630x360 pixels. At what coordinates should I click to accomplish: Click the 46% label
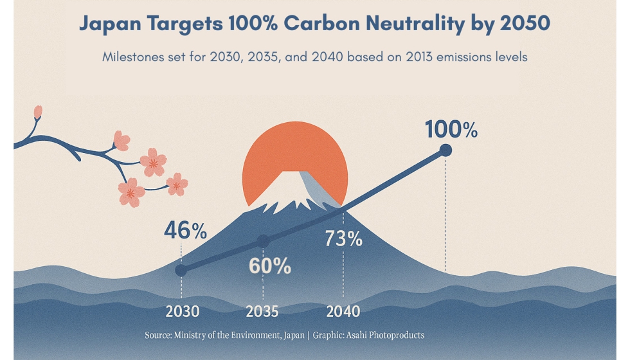185,230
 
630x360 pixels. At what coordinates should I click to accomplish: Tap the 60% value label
270,265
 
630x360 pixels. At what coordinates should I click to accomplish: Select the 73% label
343,239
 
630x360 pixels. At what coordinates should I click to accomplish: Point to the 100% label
451,130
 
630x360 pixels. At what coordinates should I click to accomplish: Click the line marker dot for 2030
181,271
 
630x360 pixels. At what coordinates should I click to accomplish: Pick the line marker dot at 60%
262,241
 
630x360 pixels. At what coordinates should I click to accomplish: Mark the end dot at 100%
445,150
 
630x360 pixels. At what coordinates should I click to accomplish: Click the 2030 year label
183,312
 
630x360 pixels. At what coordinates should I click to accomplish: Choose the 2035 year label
262,312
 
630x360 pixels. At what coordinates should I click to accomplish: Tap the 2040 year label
343,312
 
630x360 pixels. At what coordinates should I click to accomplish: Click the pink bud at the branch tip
38,112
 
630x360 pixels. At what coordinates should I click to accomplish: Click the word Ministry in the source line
191,335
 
